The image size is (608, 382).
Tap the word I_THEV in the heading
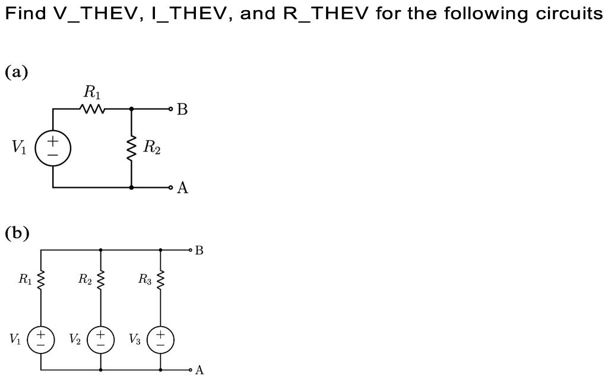(188, 14)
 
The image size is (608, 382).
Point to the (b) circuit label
(17, 232)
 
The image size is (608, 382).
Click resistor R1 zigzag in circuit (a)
(93, 109)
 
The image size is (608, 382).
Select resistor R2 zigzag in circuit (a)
(131, 149)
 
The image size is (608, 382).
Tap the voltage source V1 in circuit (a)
(53, 149)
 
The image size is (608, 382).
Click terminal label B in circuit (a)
(183, 110)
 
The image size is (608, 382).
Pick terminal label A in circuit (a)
(183, 188)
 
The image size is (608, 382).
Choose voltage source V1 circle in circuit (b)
(41, 339)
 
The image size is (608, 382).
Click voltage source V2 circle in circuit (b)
(100, 339)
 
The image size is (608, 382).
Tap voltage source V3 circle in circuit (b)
(160, 339)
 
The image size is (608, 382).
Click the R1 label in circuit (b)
(25, 278)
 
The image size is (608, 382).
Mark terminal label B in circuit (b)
(199, 251)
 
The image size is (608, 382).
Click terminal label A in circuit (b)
(199, 371)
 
